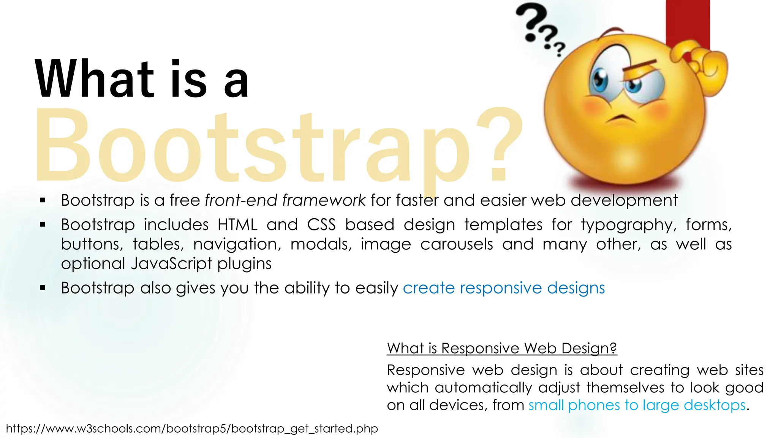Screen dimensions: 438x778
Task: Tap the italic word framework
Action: (x=324, y=200)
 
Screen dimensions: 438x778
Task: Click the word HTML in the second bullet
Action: (x=237, y=225)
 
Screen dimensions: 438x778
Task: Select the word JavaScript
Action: (x=171, y=263)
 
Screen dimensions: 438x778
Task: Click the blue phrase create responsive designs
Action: (x=504, y=288)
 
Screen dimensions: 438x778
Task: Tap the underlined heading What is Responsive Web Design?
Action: (x=501, y=348)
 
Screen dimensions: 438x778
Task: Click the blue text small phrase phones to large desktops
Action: (x=637, y=405)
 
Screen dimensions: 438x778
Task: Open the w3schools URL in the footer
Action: (x=192, y=428)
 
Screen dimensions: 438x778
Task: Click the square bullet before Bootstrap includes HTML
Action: (x=43, y=225)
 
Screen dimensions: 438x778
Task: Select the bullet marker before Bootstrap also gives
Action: (x=43, y=288)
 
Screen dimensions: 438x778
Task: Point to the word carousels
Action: (x=456, y=244)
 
